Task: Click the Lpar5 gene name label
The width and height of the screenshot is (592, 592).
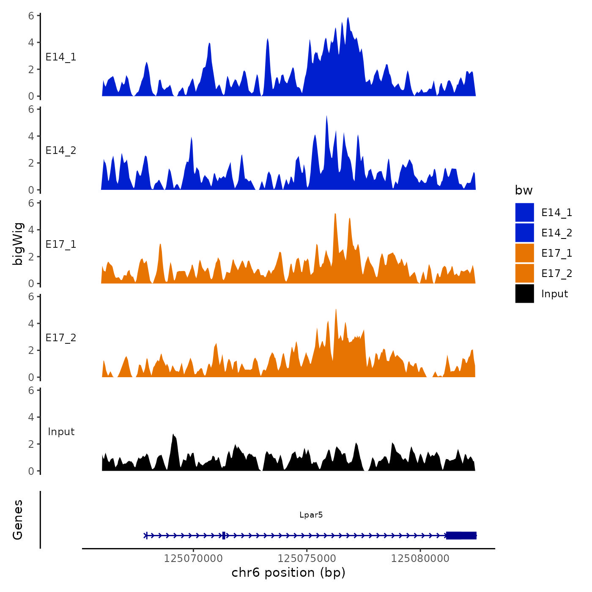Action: (x=311, y=515)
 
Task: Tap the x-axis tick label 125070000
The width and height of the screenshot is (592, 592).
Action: (x=193, y=559)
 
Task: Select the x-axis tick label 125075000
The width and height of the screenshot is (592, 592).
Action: (x=307, y=559)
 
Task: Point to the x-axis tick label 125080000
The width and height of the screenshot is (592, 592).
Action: (x=420, y=559)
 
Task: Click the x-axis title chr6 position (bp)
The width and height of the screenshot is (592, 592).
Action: (x=288, y=573)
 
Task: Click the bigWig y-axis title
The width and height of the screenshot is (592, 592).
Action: (x=18, y=244)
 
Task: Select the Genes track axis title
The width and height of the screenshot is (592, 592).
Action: (x=18, y=520)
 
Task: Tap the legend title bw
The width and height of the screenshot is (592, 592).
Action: (x=523, y=190)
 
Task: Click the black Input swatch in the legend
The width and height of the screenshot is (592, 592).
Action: (x=524, y=293)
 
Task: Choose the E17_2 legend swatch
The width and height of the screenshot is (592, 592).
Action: (x=524, y=273)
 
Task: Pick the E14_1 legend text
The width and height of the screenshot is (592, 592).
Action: (x=556, y=213)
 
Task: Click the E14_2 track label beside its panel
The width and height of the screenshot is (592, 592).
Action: (x=61, y=151)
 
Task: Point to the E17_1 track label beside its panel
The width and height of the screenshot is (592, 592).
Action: (x=61, y=244)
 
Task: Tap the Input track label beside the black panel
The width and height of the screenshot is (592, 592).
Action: (x=61, y=432)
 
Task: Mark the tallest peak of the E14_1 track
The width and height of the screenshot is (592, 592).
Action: (x=348, y=19)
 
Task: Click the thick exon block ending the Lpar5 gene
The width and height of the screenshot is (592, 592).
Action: (x=461, y=535)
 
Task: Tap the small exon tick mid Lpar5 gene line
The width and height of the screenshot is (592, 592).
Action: (x=223, y=535)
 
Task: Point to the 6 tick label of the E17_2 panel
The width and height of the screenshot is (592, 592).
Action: (x=31, y=296)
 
